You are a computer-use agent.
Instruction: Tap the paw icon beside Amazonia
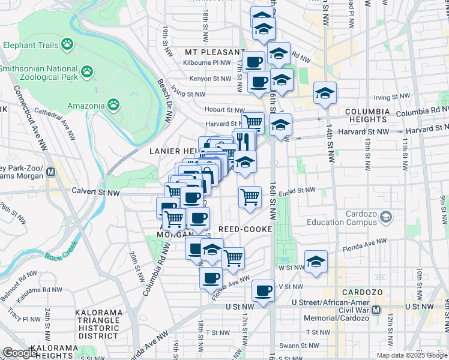coord(113,106)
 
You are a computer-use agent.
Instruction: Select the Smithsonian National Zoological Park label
coord(38,73)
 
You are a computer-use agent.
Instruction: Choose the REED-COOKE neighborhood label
coord(246,230)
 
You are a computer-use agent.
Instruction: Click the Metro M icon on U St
coord(376,310)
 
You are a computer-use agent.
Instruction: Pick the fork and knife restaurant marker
coord(244,141)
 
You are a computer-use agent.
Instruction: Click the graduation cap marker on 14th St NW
coord(325,93)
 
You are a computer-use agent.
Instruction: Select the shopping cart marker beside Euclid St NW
coord(250,196)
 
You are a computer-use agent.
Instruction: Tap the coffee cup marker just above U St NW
coord(263,291)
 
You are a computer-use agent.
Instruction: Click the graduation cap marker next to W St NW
coord(316,262)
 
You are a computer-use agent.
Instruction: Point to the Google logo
coord(20,352)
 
